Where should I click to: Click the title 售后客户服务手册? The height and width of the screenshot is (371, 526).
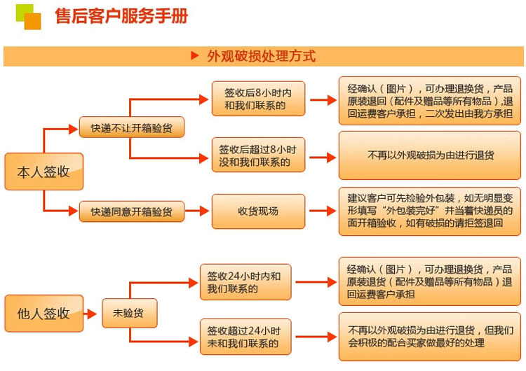[x=121, y=16]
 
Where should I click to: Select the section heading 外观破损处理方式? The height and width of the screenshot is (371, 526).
[x=261, y=56]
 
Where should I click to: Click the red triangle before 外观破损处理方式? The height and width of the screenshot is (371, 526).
[x=196, y=56]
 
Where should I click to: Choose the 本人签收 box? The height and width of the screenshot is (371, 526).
[x=43, y=171]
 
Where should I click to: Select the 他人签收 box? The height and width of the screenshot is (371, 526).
[x=43, y=314]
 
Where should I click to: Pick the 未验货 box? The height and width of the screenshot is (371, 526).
[x=130, y=314]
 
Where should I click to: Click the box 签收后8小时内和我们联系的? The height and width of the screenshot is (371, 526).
[x=259, y=99]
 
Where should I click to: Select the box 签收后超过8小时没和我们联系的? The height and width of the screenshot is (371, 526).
[x=259, y=155]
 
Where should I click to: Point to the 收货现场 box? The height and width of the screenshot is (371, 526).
[x=259, y=211]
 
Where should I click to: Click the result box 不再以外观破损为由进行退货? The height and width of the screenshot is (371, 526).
[x=430, y=155]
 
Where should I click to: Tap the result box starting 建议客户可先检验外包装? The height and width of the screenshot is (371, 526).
[x=430, y=211]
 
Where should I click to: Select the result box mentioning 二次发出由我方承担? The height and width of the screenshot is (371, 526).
[x=430, y=101]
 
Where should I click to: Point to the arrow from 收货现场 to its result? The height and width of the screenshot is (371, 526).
[x=322, y=211]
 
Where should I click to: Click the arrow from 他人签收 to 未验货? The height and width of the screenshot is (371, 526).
[x=93, y=314]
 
